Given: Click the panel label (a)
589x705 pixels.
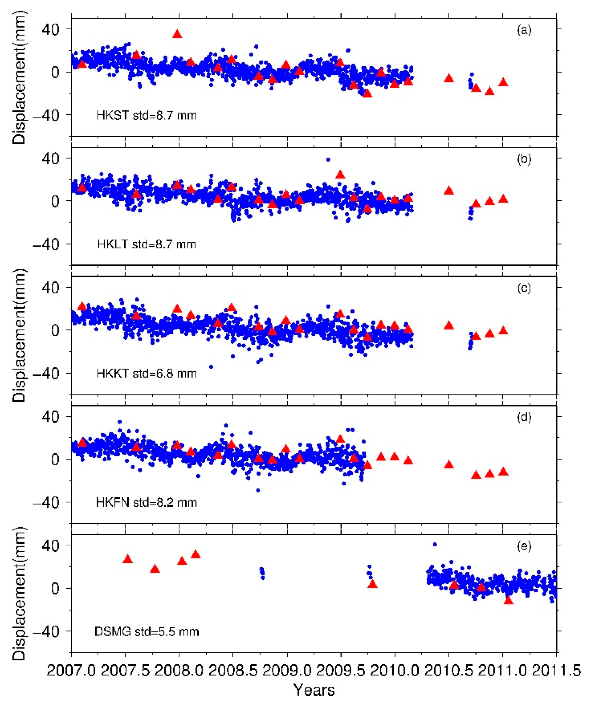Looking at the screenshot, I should [524, 30].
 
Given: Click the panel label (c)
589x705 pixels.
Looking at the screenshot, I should [524, 288].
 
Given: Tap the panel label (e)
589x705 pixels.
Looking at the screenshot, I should [524, 546].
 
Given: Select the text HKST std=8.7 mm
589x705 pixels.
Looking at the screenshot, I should [147, 115].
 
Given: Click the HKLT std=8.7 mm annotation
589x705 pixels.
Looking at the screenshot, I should [147, 244].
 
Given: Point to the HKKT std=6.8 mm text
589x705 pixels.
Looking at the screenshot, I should [147, 374].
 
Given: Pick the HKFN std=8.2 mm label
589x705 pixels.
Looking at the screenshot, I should [147, 503].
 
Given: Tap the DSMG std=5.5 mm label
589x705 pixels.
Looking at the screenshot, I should [147, 632].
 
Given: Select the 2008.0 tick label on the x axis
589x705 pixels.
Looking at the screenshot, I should [179, 671].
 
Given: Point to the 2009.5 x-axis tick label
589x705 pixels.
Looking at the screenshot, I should [341, 671].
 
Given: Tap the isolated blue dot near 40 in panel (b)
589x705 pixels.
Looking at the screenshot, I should [328, 160].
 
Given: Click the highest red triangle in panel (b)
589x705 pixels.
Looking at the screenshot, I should [340, 175].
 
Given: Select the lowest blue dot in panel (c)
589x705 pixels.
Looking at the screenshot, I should [211, 367].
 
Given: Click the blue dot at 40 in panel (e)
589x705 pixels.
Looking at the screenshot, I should [435, 545].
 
